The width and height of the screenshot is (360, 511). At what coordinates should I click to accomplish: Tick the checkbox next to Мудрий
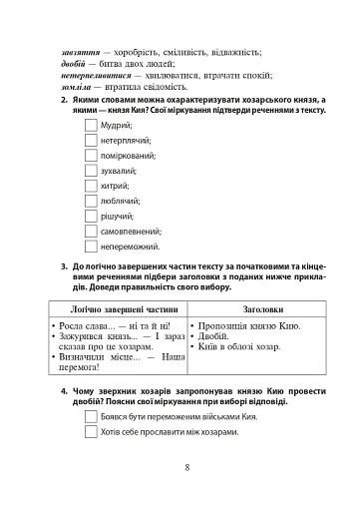point(92,126)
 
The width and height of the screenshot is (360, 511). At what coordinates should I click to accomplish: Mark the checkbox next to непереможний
point(92,246)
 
